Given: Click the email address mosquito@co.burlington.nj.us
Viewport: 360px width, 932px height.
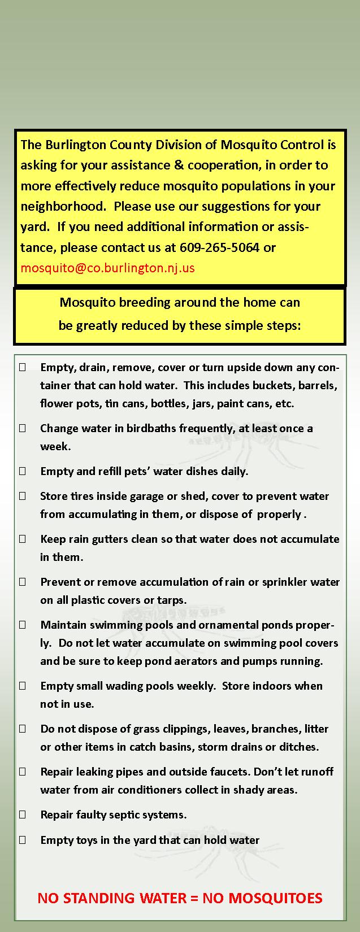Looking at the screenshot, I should pyautogui.click(x=107, y=268).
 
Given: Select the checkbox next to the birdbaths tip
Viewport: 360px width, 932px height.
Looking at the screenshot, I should pyautogui.click(x=23, y=428).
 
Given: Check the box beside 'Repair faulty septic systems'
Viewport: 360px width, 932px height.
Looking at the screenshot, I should pyautogui.click(x=23, y=815).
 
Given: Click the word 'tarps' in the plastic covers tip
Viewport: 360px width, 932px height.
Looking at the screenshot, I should pyautogui.click(x=172, y=600).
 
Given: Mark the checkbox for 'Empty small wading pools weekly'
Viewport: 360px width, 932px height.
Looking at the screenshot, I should pyautogui.click(x=23, y=686).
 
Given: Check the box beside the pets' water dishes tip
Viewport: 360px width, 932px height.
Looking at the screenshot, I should pyautogui.click(x=23, y=471).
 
